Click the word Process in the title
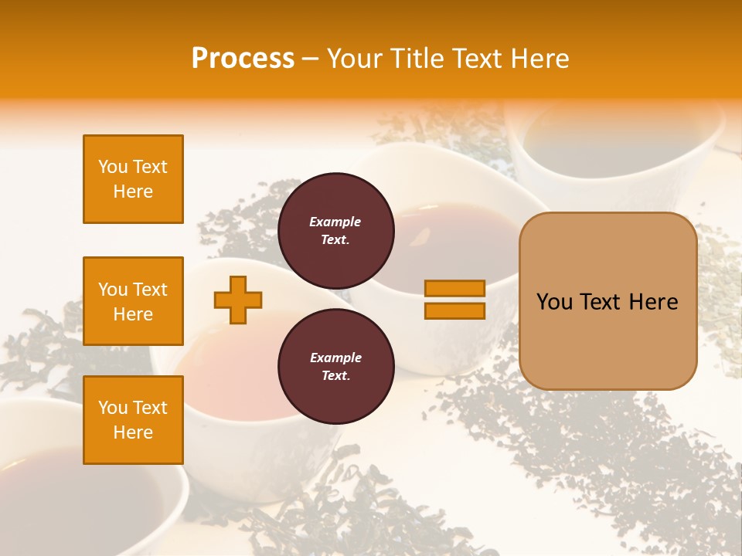click(243, 59)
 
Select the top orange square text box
click(133, 179)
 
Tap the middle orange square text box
click(133, 301)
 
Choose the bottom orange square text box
click(133, 420)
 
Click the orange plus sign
click(238, 300)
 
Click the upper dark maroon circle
click(335, 231)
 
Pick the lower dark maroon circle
click(335, 367)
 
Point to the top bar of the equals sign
click(454, 288)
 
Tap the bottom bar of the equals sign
click(454, 310)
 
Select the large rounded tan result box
click(608, 301)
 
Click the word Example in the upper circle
click(335, 222)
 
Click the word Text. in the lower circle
click(335, 376)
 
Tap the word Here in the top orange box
click(133, 192)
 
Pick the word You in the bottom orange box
click(113, 408)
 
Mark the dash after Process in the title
click(310, 59)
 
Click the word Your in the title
click(355, 59)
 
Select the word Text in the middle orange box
click(150, 290)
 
